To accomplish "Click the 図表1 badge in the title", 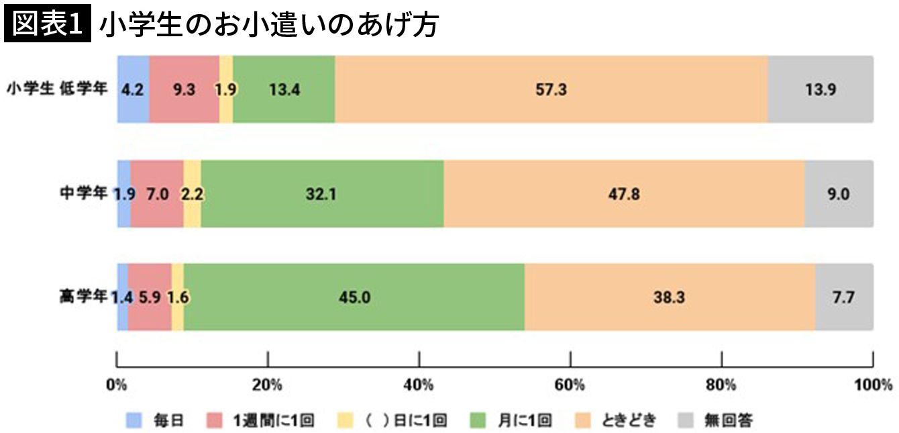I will [x=47, y=24].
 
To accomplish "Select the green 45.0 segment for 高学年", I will [x=354, y=297].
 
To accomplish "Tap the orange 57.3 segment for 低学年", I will [x=551, y=89].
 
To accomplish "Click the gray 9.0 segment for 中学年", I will [x=839, y=193].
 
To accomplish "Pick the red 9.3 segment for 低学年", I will [x=184, y=89].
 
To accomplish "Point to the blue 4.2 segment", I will [x=133, y=89].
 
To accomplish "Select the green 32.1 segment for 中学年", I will [x=322, y=193].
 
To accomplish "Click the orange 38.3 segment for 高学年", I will [x=669, y=297].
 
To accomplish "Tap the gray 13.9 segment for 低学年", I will [x=820, y=89].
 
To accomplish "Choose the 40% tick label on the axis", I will [x=419, y=385].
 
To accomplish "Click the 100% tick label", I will [x=872, y=385].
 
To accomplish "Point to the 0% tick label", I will [x=117, y=385].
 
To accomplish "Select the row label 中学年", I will [x=83, y=193].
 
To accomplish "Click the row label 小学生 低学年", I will [x=57, y=89].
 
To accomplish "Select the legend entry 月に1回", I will [x=524, y=421].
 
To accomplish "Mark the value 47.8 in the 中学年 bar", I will [x=623, y=194].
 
